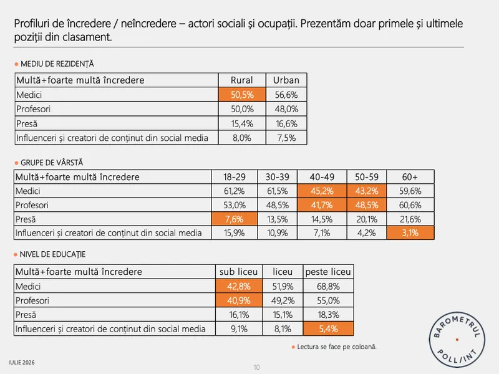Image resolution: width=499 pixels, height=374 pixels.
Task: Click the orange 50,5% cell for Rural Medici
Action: pyautogui.click(x=242, y=95)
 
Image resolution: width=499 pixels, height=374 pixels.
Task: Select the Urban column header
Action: pyautogui.click(x=286, y=80)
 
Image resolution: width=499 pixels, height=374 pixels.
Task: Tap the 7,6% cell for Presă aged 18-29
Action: pyautogui.click(x=235, y=219)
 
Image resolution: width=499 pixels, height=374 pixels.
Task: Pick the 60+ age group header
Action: pyautogui.click(x=410, y=177)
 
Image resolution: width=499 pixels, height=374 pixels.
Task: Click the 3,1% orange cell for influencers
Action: pyautogui.click(x=410, y=233)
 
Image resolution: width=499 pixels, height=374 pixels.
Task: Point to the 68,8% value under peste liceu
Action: pyautogui.click(x=328, y=286)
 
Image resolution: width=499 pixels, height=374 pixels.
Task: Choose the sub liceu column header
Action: pyautogui.click(x=239, y=272)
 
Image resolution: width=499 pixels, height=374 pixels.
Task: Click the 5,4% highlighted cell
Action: pyautogui.click(x=328, y=328)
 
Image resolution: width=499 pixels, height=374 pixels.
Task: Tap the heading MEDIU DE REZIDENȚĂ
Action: pyautogui.click(x=57, y=64)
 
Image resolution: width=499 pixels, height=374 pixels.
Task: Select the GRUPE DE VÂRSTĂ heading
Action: pyautogui.click(x=52, y=163)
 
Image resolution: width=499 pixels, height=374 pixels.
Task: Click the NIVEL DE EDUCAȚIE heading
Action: pyautogui.click(x=52, y=254)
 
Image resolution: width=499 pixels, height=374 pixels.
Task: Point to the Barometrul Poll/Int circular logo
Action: pyautogui.click(x=457, y=340)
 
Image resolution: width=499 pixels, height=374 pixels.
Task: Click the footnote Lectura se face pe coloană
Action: pyautogui.click(x=337, y=347)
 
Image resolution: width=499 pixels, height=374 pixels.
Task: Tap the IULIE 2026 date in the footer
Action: pyautogui.click(x=21, y=363)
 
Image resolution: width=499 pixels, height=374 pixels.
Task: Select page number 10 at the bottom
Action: pyautogui.click(x=256, y=367)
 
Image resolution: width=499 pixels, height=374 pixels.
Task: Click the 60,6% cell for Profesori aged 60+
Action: pyautogui.click(x=410, y=205)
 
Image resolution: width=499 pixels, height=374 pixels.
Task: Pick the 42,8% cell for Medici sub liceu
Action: pyautogui.click(x=239, y=286)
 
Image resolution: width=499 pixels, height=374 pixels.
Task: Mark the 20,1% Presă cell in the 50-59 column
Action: pyautogui.click(x=367, y=219)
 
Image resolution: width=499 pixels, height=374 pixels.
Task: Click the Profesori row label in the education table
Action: pyautogui.click(x=32, y=300)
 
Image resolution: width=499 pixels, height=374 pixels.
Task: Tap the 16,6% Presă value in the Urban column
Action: pyautogui.click(x=286, y=123)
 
